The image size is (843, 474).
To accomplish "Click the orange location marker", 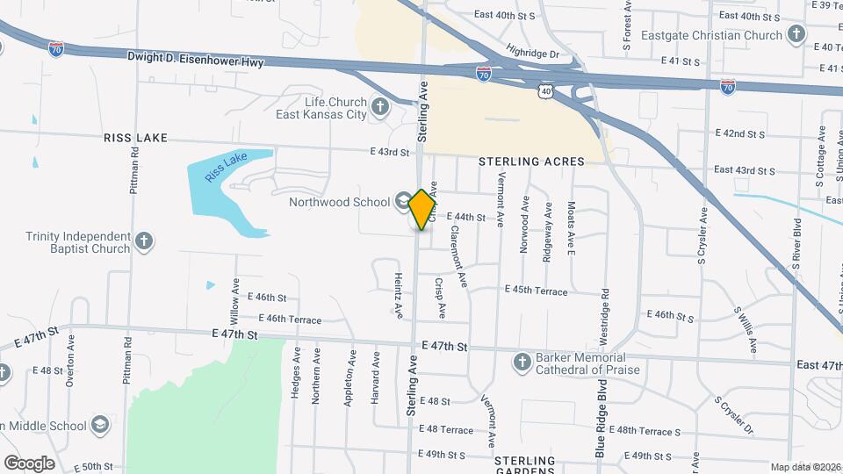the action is point(422,209).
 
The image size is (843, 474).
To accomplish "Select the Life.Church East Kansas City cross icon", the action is point(380,108).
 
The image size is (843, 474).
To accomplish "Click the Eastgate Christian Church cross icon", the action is point(796,36).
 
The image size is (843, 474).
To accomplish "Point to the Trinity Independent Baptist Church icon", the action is point(145,241).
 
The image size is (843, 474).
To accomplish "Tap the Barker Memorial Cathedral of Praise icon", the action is point(522,362).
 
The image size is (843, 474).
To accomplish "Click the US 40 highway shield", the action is point(546,90).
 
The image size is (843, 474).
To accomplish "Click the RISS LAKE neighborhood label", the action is point(134,139).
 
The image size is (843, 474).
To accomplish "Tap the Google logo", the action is point(28,463).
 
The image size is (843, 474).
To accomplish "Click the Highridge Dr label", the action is point(533,53).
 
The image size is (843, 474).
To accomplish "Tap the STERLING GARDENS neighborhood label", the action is point(525,466).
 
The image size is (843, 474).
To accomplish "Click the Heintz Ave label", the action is point(398,294).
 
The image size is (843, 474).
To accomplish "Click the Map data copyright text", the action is point(805,467).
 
